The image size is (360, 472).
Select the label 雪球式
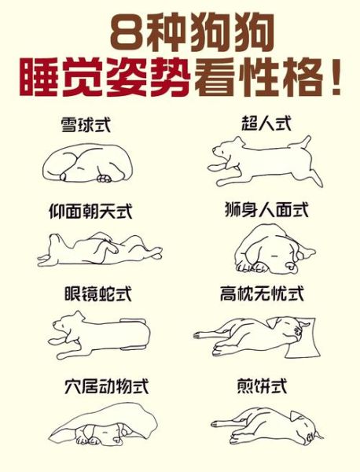[x=86, y=124]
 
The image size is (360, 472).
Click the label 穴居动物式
[x=106, y=386]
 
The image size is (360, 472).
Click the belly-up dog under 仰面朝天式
[x=98, y=250]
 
